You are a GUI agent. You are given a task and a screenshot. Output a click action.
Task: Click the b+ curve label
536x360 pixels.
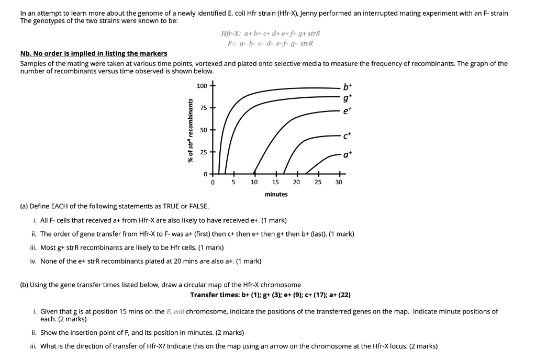(347, 87)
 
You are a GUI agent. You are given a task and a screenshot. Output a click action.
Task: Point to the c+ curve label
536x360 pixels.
(347, 137)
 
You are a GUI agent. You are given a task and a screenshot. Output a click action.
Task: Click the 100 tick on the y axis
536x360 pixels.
(202, 85)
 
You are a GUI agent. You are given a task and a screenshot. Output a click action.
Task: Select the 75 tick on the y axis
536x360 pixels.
(204, 108)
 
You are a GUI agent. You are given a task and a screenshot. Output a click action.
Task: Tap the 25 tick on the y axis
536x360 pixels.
(204, 152)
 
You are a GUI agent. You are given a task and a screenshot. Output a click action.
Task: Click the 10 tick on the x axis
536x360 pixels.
(254, 182)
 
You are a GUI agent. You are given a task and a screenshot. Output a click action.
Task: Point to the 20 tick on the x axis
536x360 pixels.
(296, 182)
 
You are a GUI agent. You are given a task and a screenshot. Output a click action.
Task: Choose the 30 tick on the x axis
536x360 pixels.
(339, 182)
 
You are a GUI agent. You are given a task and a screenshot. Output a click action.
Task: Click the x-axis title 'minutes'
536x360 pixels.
(276, 194)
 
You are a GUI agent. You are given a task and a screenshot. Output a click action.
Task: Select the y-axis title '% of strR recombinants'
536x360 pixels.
(191, 130)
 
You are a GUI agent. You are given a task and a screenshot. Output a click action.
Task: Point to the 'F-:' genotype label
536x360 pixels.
(231, 43)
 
